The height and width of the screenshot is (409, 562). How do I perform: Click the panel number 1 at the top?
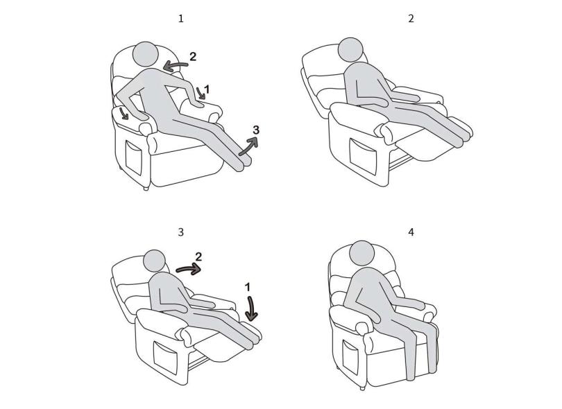(x=181, y=19)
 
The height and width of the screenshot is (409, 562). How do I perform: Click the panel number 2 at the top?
(x=411, y=19)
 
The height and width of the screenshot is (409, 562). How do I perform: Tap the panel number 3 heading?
(x=181, y=232)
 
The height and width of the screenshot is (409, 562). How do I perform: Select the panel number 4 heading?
(x=411, y=232)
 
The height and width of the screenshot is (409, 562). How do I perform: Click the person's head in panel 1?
(x=146, y=55)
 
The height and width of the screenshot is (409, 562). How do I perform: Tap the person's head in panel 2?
(x=351, y=50)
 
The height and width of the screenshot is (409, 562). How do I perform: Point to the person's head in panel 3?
(x=155, y=261)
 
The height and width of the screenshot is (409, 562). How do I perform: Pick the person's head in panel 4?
(x=361, y=253)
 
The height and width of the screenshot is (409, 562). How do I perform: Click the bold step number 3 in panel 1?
(x=256, y=130)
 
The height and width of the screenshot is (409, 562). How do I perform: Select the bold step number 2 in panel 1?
(x=193, y=57)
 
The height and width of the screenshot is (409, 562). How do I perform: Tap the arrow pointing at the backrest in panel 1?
(x=175, y=66)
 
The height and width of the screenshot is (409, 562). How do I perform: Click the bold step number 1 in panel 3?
(x=247, y=287)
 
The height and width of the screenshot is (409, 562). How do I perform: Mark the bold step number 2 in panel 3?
(x=198, y=256)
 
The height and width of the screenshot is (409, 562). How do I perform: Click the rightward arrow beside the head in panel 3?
(x=189, y=268)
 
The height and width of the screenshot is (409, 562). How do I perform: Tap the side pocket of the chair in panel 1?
(x=135, y=157)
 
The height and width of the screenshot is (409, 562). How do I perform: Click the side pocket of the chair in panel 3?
(x=166, y=358)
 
